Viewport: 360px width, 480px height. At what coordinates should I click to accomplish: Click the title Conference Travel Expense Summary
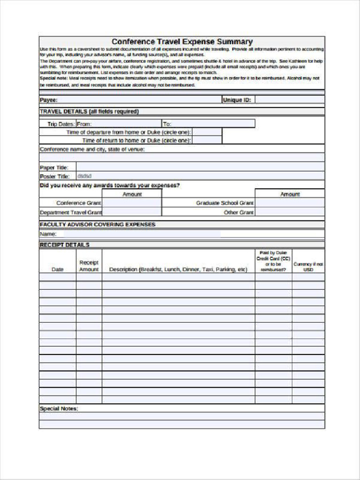coord(182,42)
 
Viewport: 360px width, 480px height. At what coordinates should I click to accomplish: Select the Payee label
coord(48,100)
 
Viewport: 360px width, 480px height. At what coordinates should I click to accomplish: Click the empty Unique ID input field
coord(289,100)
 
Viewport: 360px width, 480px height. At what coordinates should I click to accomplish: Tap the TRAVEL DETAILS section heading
coord(89,112)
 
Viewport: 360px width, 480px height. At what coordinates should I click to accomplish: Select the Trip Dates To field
coord(209,124)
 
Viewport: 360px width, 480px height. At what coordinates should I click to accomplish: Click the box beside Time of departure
coord(207,132)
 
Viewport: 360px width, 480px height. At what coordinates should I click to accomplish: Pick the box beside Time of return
coord(207,140)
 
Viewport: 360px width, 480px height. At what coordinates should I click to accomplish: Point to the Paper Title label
coord(54,167)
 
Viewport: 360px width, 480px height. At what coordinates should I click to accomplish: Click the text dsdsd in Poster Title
coord(84,176)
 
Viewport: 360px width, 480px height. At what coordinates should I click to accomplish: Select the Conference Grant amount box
coord(132,203)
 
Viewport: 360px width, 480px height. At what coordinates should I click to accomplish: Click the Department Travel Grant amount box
coord(132,212)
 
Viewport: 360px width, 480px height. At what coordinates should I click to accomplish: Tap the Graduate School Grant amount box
coord(289,203)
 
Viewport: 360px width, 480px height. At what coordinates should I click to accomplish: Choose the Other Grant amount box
coord(289,212)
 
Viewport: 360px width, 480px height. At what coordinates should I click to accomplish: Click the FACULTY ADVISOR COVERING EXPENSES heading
coord(97,225)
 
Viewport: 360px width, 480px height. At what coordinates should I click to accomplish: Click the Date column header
coord(57,270)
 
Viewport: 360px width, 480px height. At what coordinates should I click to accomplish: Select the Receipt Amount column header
coord(89,266)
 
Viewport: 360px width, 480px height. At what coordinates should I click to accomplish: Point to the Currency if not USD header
coord(308,267)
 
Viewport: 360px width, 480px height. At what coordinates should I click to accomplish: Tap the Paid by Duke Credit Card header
coord(273,261)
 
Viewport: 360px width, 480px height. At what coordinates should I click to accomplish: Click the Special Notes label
coord(59,408)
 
